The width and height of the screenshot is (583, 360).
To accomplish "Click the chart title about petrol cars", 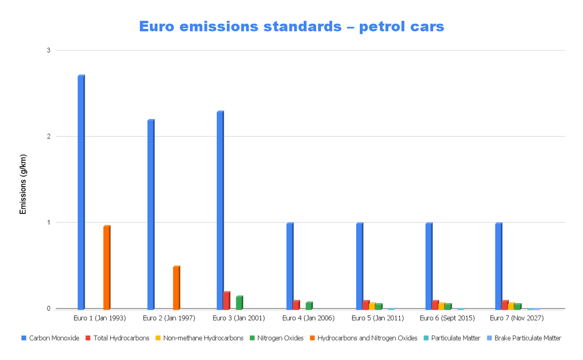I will tap(291, 26).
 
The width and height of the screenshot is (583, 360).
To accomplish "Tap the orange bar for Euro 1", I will tap(107, 268).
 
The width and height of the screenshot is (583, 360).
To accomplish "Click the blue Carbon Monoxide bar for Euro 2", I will tap(151, 214).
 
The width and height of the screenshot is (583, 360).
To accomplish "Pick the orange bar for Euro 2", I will tap(176, 288).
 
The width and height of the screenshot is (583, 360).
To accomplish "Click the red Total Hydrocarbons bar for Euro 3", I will tap(226, 300).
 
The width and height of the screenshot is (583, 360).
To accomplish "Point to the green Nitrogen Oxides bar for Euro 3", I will tap(239, 303).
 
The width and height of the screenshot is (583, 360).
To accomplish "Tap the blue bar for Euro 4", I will tap(290, 266).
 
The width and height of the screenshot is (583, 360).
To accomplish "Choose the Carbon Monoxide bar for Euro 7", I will tap(498, 266).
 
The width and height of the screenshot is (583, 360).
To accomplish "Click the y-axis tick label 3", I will tap(48, 50).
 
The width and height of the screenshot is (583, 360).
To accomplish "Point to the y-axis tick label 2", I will tap(48, 136).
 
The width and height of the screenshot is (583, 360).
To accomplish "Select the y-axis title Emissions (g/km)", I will tap(23, 184).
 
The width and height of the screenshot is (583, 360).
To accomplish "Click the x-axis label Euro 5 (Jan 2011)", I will tap(378, 318).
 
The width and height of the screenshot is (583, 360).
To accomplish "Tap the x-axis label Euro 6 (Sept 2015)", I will tap(447, 318).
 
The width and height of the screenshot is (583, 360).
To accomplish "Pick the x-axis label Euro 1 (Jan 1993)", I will tap(100, 318).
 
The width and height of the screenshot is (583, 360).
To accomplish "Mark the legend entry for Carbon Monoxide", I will tap(50, 338).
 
